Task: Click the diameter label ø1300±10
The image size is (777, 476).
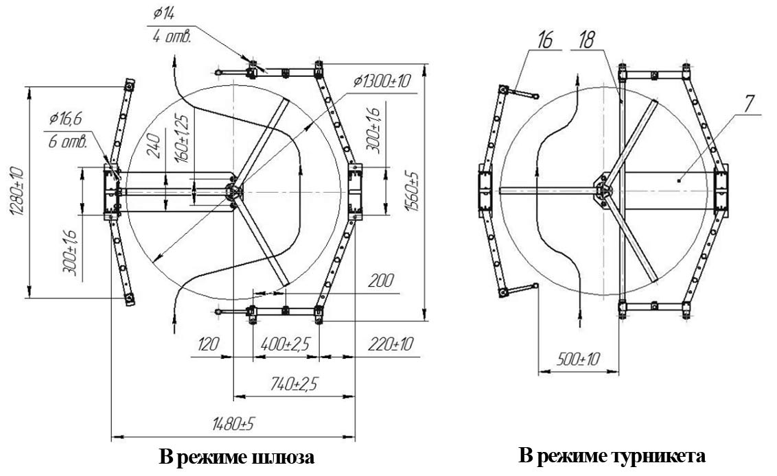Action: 382,81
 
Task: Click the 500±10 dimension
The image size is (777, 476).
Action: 568,361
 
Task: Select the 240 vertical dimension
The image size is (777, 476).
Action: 156,145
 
